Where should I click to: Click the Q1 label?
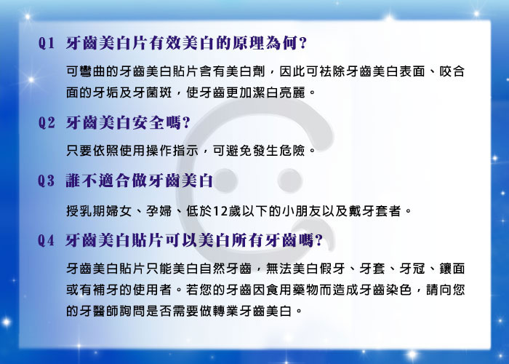(x=46, y=43)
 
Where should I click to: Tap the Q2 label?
(x=47, y=123)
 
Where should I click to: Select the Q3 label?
(x=46, y=181)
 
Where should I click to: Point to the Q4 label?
(x=46, y=240)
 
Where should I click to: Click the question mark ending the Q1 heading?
(x=303, y=43)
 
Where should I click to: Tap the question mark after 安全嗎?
(x=186, y=123)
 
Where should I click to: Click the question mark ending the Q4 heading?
(x=318, y=240)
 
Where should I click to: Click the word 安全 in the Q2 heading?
(x=148, y=123)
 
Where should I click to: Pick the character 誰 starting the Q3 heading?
(x=73, y=181)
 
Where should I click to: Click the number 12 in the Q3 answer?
(x=220, y=212)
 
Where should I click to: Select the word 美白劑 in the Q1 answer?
(x=246, y=71)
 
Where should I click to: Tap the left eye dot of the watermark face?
(x=226, y=181)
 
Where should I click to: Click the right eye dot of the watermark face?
(x=290, y=181)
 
